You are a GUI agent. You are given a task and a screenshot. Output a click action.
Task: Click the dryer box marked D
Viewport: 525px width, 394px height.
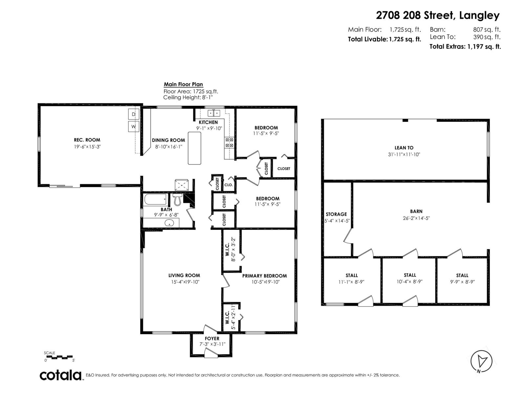133,114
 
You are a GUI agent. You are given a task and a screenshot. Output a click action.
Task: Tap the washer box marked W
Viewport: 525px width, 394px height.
133,126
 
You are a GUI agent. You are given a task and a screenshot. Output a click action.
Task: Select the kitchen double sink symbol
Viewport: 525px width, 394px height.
214,113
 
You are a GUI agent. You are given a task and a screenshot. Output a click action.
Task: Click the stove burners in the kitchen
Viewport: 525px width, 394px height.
229,142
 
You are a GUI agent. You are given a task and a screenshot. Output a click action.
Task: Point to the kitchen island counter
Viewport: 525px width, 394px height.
194,148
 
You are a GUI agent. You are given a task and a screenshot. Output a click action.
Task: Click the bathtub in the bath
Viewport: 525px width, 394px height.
155,200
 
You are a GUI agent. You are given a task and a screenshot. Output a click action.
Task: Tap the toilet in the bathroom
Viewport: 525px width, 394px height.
178,199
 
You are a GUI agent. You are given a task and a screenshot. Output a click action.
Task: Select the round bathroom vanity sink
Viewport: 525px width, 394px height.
169,224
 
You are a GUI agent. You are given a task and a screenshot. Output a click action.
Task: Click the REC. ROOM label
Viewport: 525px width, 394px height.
87,140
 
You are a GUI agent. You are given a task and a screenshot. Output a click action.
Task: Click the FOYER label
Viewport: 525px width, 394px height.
212,339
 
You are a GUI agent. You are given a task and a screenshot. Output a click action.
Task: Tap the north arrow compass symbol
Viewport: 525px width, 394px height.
481,361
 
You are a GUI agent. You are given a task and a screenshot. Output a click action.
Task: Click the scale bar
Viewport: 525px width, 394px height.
59,357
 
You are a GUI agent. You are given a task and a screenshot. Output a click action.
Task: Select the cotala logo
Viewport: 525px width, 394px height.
61,375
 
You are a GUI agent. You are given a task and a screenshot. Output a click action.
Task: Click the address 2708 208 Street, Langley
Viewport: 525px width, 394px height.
438,15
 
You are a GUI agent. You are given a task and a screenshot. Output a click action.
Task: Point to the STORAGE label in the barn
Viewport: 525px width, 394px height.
336,214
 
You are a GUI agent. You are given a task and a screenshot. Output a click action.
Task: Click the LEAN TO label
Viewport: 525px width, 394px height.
404,148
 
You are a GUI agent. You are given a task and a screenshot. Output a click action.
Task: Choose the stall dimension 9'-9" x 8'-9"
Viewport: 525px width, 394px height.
462,282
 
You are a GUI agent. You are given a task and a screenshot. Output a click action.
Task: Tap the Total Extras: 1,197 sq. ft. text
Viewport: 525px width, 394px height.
465,47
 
